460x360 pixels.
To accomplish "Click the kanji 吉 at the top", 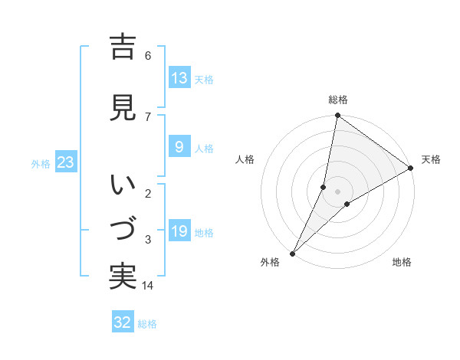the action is tap(123, 47).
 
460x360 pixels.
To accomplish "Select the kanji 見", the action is tap(123, 108).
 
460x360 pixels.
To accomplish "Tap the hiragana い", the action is tap(123, 185).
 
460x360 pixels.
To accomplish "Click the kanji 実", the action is tap(123, 277).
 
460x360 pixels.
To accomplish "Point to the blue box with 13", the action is tap(179, 78).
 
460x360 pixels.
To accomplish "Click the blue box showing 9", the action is tap(179, 147).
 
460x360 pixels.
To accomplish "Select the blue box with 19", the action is tap(179, 231).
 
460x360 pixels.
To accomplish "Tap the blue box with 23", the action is tap(64, 162).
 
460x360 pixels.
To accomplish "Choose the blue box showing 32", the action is tap(123, 322).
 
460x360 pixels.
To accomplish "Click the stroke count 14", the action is tap(148, 286).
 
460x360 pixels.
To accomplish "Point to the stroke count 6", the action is tap(148, 56).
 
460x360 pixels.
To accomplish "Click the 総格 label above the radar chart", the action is tap(337, 100).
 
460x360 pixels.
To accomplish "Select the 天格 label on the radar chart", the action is tap(431, 159).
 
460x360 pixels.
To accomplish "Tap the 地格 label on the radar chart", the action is tap(402, 262).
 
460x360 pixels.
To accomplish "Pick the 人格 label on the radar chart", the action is tap(245, 159).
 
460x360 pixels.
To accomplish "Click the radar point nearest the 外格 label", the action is tap(292, 253).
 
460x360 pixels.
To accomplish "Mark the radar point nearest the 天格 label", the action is tap(411, 169).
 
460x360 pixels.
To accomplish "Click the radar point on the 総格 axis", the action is tap(337, 116).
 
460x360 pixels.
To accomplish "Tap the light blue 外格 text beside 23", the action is tap(40, 163).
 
